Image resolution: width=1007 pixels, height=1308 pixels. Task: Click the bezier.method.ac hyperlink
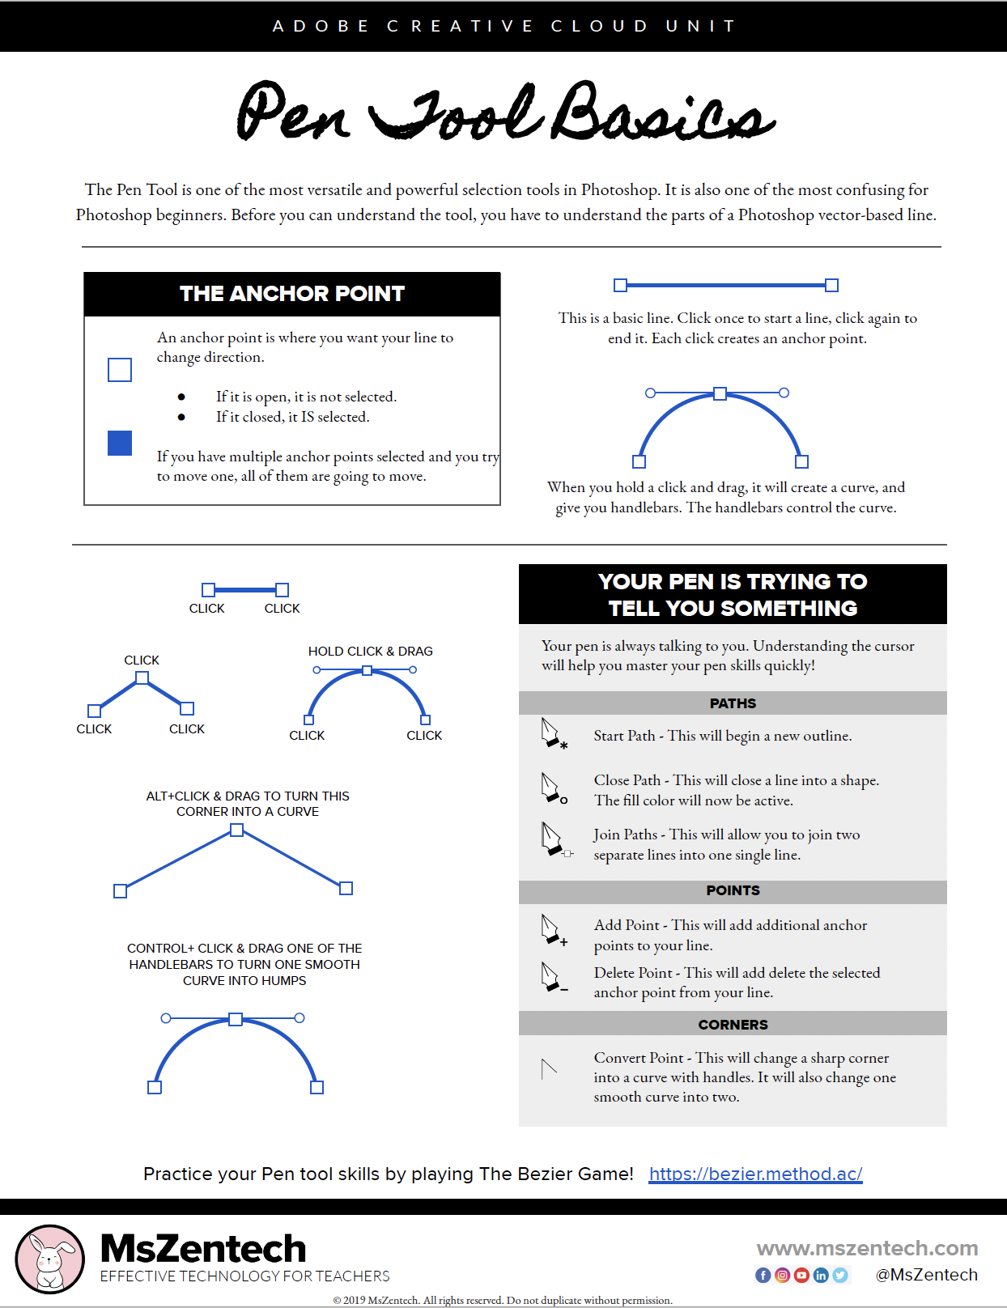pyautogui.click(x=755, y=1174)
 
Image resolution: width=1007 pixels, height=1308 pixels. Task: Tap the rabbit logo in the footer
pyautogui.click(x=50, y=1259)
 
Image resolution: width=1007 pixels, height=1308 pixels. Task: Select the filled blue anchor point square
pyautogui.click(x=120, y=443)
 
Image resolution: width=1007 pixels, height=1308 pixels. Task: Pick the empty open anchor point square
pyautogui.click(x=120, y=370)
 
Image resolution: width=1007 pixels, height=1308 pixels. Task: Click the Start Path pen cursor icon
pyautogui.click(x=553, y=733)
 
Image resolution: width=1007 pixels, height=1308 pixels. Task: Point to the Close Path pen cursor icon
pyautogui.click(x=553, y=788)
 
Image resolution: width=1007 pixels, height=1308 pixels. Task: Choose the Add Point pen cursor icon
pyautogui.click(x=553, y=930)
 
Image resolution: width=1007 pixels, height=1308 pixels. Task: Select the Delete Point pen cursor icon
pyautogui.click(x=553, y=978)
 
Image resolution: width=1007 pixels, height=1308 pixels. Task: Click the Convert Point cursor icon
pyautogui.click(x=549, y=1068)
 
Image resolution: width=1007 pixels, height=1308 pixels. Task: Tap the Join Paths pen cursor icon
pyautogui.click(x=554, y=839)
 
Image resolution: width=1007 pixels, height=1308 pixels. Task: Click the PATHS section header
pyautogui.click(x=733, y=703)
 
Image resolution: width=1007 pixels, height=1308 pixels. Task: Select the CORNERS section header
pyautogui.click(x=733, y=1024)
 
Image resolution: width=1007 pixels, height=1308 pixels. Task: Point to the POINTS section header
pyautogui.click(x=733, y=890)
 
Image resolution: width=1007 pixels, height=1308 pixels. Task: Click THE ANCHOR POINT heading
pyautogui.click(x=291, y=294)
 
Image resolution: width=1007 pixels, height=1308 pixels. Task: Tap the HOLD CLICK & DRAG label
pyautogui.click(x=370, y=651)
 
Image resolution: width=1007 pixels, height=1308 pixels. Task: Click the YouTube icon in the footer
pyautogui.click(x=801, y=1275)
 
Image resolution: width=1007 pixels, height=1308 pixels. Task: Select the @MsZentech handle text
pyautogui.click(x=926, y=1275)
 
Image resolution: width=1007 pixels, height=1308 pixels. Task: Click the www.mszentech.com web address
pyautogui.click(x=867, y=1248)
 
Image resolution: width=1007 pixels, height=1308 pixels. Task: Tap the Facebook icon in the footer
pyautogui.click(x=763, y=1275)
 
